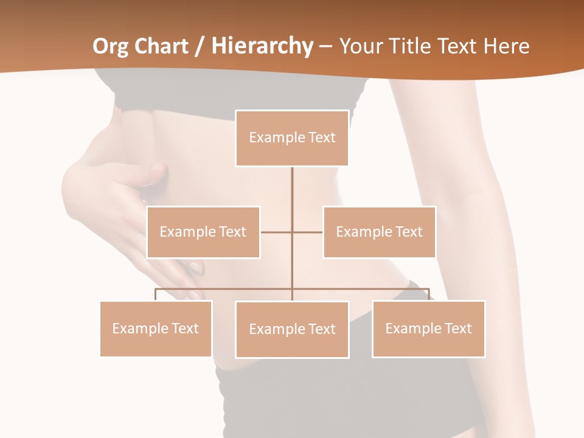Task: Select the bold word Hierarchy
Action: (x=262, y=46)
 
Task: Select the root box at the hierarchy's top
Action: (x=292, y=138)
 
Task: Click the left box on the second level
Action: (x=203, y=232)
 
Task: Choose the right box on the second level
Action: (x=379, y=232)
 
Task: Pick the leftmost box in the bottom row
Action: (x=156, y=328)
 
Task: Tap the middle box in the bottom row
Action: (x=292, y=329)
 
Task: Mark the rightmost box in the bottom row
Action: (x=428, y=328)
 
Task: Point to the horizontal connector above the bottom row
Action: (x=225, y=289)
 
